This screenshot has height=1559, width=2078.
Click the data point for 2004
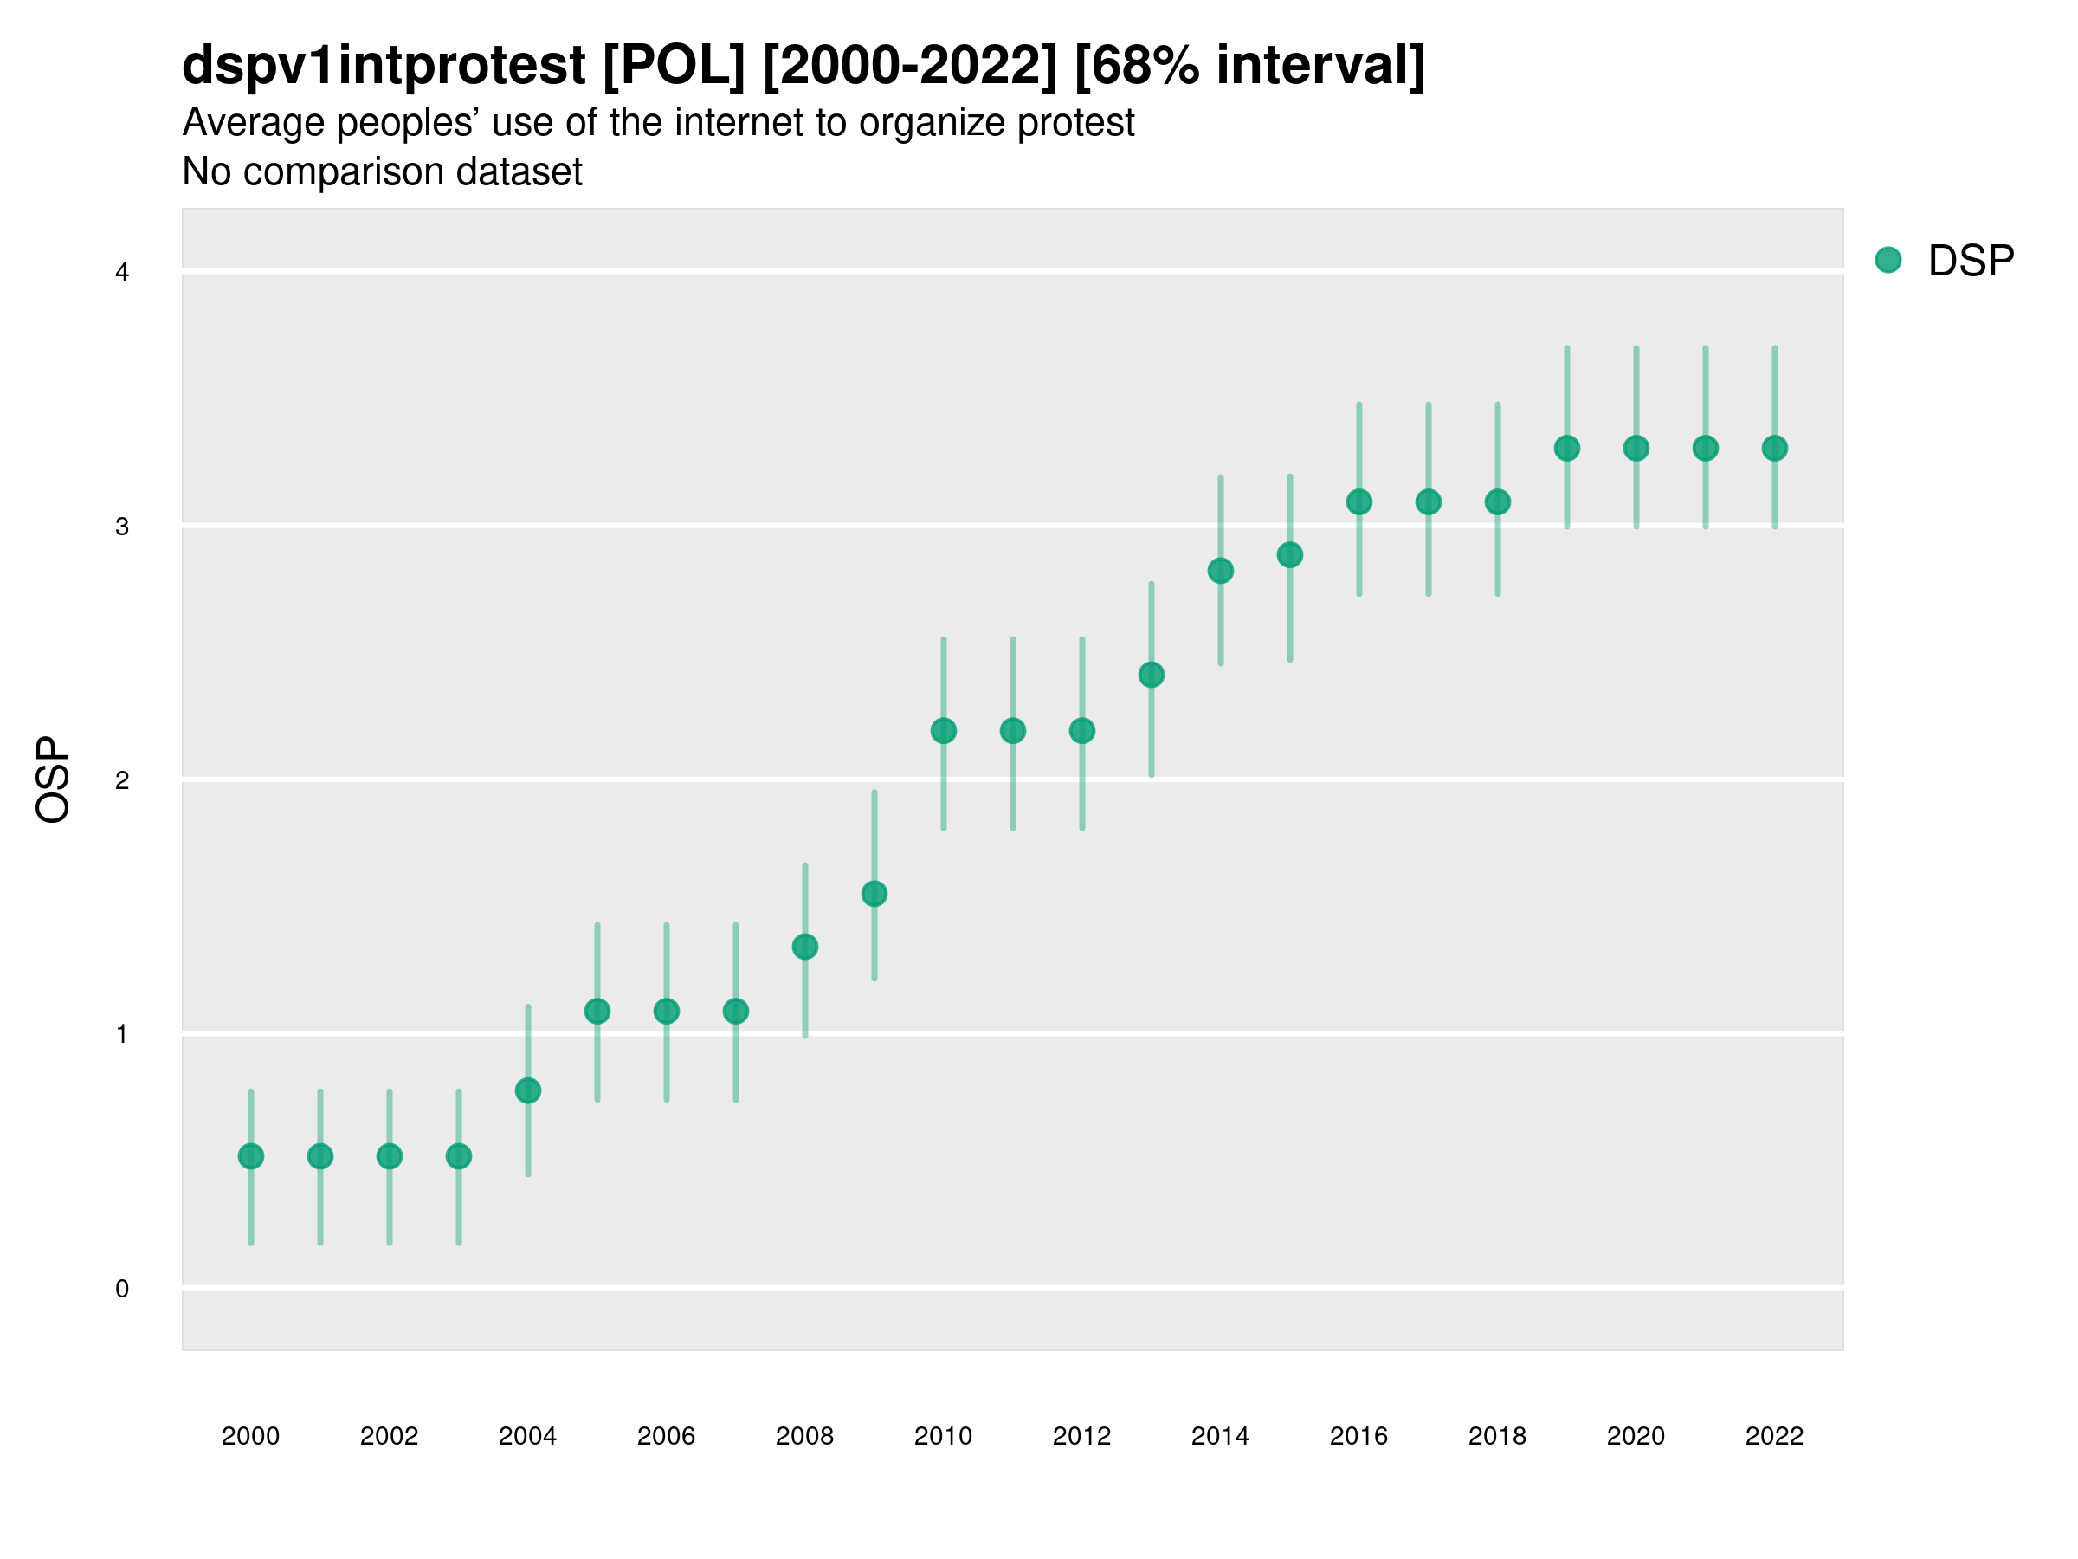pyautogui.click(x=528, y=1090)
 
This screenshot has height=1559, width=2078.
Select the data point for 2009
pyautogui.click(x=874, y=894)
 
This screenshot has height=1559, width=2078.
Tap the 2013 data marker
pyautogui.click(x=1151, y=675)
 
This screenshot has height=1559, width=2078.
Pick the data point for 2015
pyautogui.click(x=1290, y=555)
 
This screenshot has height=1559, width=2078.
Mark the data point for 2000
pyautogui.click(x=251, y=1156)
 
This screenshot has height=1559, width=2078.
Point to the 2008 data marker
pyautogui.click(x=805, y=947)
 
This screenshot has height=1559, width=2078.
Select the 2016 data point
pyautogui.click(x=1359, y=501)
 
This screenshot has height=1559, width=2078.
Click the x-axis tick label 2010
pyautogui.click(x=943, y=1436)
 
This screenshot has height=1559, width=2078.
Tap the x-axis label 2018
pyautogui.click(x=1497, y=1436)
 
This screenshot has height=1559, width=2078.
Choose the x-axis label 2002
pyautogui.click(x=389, y=1436)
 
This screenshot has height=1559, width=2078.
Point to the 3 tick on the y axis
pyautogui.click(x=122, y=527)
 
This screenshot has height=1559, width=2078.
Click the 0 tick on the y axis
pyautogui.click(x=122, y=1289)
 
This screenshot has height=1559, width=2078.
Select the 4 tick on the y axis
pyautogui.click(x=122, y=273)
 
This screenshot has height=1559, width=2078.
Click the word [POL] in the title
pyautogui.click(x=674, y=65)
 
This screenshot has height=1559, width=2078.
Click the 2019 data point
pyautogui.click(x=1567, y=449)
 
